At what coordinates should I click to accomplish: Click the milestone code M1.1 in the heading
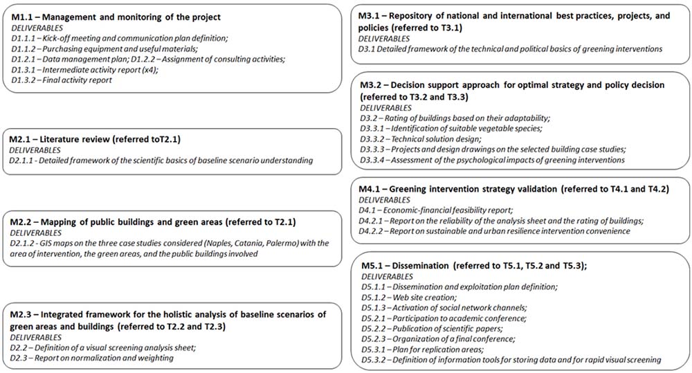point(23,17)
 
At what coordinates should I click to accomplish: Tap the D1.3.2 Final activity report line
point(62,80)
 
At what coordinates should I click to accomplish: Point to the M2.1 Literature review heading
point(95,139)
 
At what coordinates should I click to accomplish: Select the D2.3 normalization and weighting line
point(91,358)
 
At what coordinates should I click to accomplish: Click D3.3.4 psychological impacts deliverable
point(491,160)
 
